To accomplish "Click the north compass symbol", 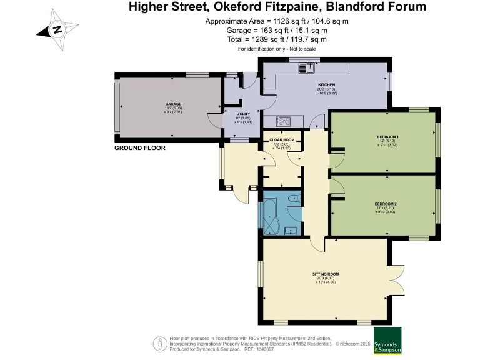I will [x=57, y=29].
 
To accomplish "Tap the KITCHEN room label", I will [x=327, y=85].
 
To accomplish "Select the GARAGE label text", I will [x=173, y=104].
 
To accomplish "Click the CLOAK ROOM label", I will [x=281, y=140].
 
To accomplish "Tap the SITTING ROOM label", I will [x=326, y=274].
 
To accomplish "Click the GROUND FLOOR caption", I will [x=139, y=149].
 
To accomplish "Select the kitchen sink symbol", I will [x=305, y=68].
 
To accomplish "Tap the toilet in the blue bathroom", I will [x=294, y=199].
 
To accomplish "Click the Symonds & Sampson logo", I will [x=387, y=341].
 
